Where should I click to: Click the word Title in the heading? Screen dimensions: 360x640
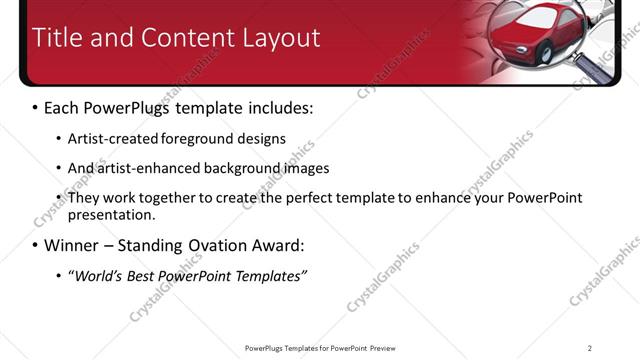point(58,38)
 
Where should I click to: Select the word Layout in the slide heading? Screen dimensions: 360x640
point(281,38)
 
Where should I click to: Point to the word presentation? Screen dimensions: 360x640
point(110,214)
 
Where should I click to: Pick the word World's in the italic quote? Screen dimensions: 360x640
point(101,275)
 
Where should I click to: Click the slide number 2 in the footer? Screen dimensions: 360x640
point(589,348)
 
